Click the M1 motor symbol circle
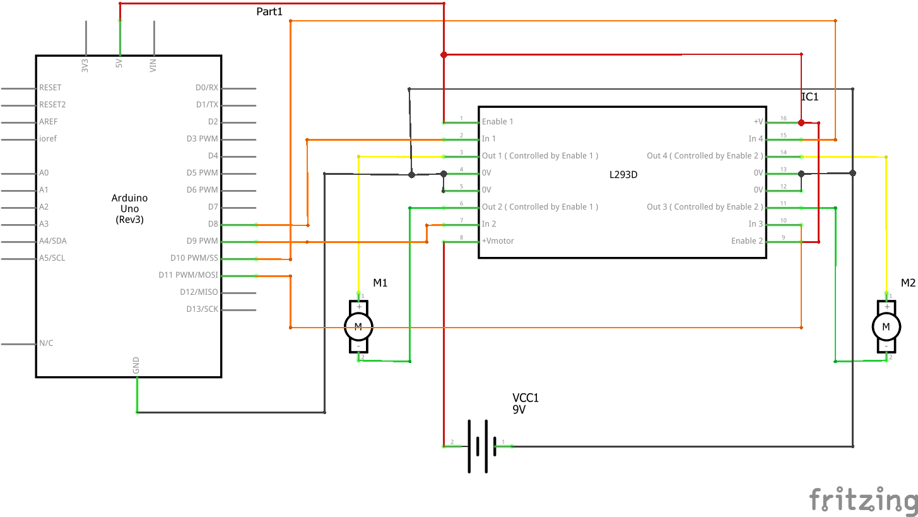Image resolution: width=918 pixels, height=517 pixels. pos(358,326)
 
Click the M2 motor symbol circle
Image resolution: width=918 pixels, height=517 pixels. pos(886,326)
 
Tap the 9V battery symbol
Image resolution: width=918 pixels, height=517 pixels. pos(478,446)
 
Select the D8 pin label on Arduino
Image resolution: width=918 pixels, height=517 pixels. pos(213,224)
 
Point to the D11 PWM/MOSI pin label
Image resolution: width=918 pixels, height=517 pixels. pos(188,275)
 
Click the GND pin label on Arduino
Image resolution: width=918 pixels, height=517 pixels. pos(136,365)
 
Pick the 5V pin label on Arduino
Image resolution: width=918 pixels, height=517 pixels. pos(119,64)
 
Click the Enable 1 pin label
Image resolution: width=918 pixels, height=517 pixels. pos(497,122)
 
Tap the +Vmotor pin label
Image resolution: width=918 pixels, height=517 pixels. pos(498,241)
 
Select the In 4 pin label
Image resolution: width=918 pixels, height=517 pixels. pos(755,139)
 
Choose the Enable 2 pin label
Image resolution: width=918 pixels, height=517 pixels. pos(747,241)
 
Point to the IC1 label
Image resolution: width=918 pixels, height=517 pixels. pos(809,97)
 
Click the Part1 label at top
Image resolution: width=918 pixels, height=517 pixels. pos(269,12)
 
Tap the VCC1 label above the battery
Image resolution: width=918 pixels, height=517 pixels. pos(526,398)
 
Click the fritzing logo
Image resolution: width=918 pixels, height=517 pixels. pos(863,500)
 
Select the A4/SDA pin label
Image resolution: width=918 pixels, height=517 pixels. pos(52,241)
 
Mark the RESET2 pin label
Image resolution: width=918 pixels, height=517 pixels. pos(52,105)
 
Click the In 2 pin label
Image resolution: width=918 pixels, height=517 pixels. pos(489,224)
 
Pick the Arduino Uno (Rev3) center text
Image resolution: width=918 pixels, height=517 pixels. pos(129,209)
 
